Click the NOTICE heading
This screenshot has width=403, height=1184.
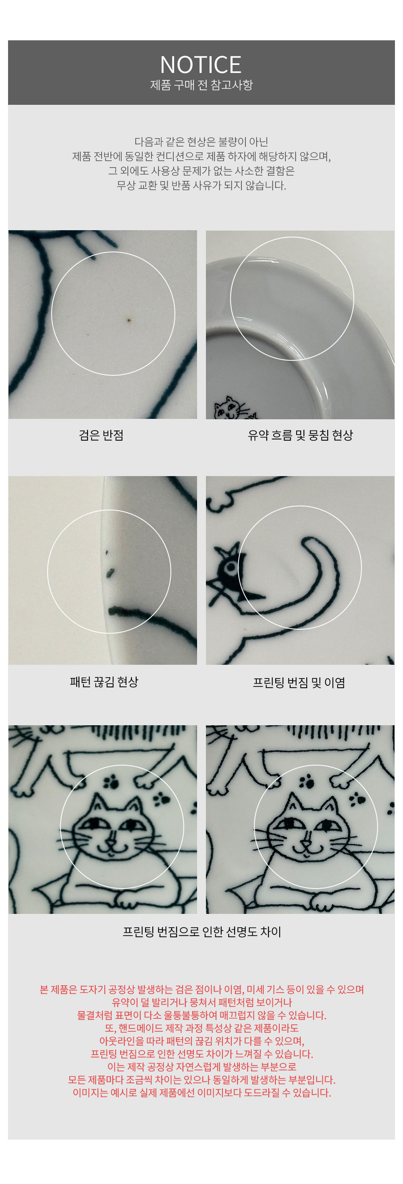pyautogui.click(x=201, y=65)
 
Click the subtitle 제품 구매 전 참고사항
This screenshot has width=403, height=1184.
pyautogui.click(x=201, y=85)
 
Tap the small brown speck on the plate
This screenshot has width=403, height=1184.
pyautogui.click(x=129, y=320)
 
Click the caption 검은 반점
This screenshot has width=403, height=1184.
pyautogui.click(x=101, y=435)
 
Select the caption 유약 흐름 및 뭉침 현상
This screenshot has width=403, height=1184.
pyautogui.click(x=300, y=435)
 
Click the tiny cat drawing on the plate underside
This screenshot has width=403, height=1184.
pyautogui.click(x=233, y=408)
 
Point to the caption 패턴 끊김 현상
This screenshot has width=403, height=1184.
pyautogui.click(x=104, y=682)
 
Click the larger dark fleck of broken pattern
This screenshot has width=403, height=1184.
pyautogui.click(x=110, y=573)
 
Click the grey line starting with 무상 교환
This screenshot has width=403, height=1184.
pyautogui.click(x=201, y=186)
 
